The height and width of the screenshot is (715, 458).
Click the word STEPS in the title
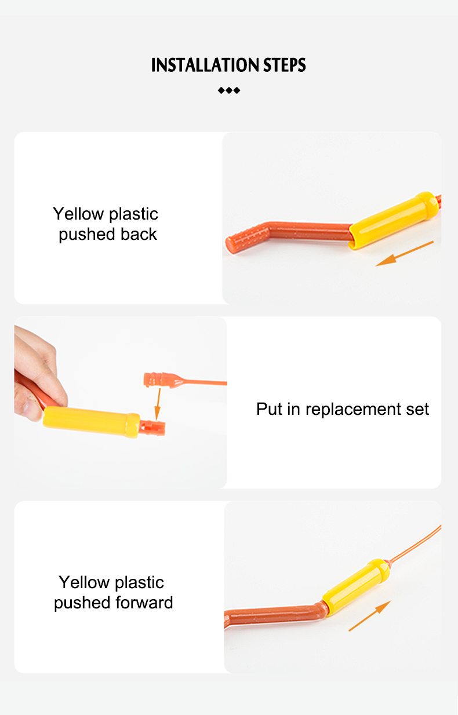coord(285,65)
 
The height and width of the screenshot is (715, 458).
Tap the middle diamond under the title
coord(229,90)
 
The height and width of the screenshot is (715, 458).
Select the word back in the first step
coord(139,234)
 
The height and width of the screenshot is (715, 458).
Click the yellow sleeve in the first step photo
coord(394,220)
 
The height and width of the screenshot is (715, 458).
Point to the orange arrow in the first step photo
coord(404,253)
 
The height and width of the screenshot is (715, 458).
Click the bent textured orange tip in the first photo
coord(246,238)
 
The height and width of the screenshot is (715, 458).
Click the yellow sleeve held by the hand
coord(92,421)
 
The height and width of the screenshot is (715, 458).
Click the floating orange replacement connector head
coord(163,380)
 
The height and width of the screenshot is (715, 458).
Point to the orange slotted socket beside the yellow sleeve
coord(152,428)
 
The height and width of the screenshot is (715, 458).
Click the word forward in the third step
coord(144,603)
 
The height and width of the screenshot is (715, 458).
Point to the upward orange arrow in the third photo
coord(370,616)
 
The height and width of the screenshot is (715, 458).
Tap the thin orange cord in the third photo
coord(415,544)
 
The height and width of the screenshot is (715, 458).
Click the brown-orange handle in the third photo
coord(275,615)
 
